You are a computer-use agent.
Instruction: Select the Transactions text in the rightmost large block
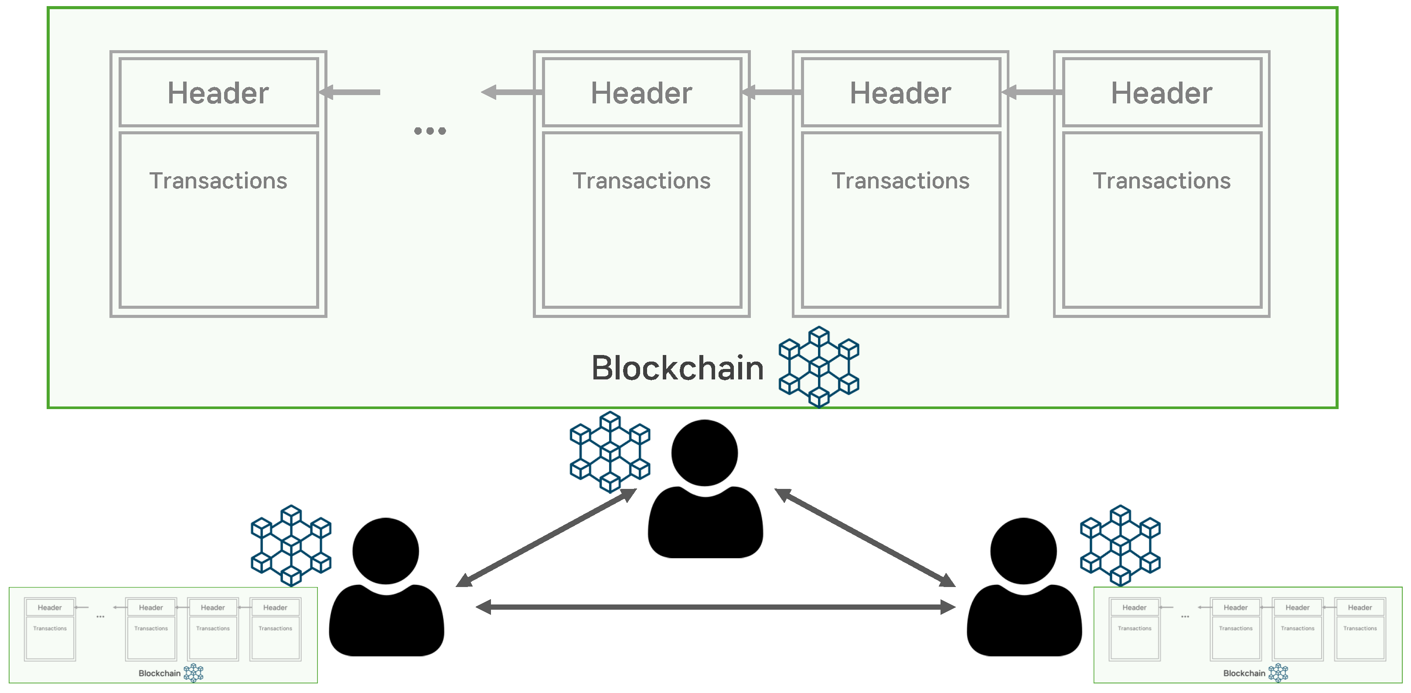point(1161,181)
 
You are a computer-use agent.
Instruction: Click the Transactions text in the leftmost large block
point(218,181)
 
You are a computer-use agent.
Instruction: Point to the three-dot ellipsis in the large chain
point(430,131)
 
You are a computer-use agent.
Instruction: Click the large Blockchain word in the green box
point(678,368)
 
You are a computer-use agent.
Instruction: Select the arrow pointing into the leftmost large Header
point(351,92)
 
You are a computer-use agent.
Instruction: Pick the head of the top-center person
point(704,453)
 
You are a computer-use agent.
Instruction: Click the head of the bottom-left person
point(385,550)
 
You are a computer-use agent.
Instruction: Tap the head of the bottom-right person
point(1023,550)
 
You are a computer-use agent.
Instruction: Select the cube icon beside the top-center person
point(610,452)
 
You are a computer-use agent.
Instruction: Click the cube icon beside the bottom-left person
point(291,546)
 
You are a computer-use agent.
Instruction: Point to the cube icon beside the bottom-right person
point(1120,546)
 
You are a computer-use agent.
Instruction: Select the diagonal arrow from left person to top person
point(546,537)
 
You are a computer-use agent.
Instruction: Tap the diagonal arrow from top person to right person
point(865,537)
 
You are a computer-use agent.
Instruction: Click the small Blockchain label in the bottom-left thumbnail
point(160,673)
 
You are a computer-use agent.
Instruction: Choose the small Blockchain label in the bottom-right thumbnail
point(1244,673)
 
